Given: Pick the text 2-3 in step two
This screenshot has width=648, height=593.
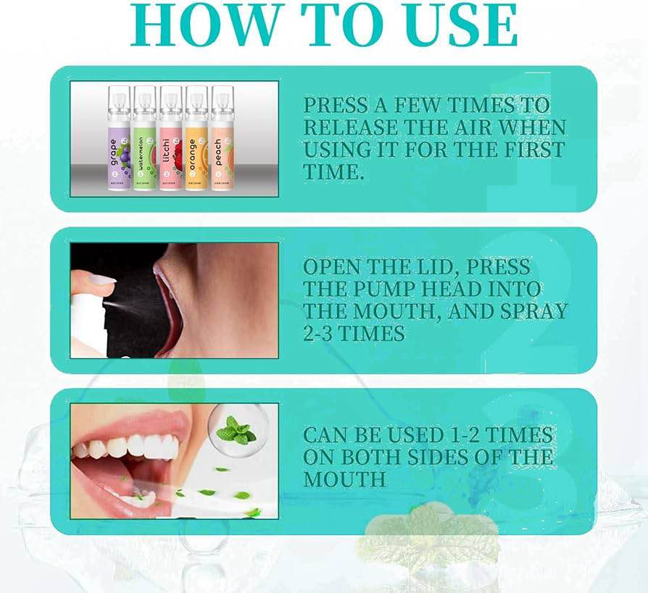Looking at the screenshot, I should (x=325, y=334).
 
